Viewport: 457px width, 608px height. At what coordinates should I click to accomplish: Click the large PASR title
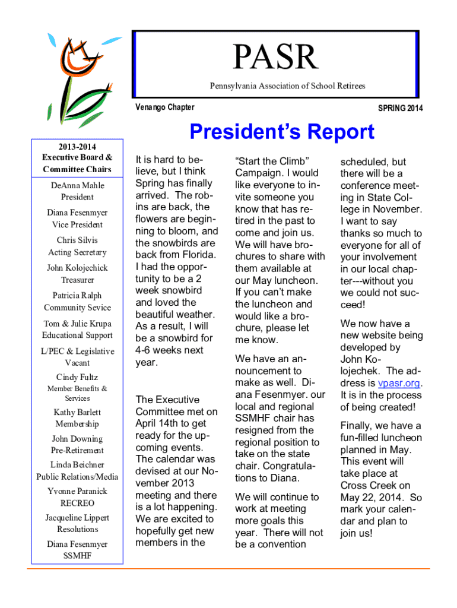[x=275, y=58]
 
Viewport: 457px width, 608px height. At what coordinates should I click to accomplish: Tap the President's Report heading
[x=282, y=132]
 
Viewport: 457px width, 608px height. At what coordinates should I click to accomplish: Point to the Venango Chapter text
[x=164, y=107]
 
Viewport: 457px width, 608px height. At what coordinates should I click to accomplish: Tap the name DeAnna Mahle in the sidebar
[x=77, y=185]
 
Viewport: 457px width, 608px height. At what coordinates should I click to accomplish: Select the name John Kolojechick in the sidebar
[x=77, y=268]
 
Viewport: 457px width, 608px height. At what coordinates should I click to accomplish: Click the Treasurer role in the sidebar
[x=77, y=280]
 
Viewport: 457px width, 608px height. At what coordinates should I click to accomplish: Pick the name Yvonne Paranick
[x=77, y=491]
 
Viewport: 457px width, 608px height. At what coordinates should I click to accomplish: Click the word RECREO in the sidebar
[x=77, y=503]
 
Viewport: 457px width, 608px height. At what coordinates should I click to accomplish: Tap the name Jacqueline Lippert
[x=77, y=518]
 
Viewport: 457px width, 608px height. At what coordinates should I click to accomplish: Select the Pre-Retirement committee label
[x=77, y=451]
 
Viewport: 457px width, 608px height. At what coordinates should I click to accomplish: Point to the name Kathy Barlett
[x=77, y=412]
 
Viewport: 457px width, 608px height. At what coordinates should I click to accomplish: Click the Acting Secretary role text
[x=77, y=252]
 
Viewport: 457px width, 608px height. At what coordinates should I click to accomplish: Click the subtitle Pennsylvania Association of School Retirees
[x=287, y=86]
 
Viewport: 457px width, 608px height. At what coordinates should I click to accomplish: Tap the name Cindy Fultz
[x=77, y=377]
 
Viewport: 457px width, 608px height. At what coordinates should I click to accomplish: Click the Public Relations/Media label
[x=77, y=476]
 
